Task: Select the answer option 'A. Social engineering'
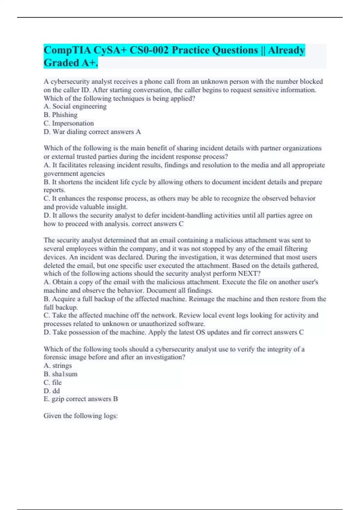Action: point(75,106)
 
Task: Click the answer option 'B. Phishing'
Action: point(60,115)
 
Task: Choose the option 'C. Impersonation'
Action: point(69,123)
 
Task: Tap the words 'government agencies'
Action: point(74,174)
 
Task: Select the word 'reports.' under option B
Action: point(54,190)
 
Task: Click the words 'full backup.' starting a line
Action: point(61,307)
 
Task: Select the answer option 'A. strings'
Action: point(58,366)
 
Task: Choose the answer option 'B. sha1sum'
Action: point(60,374)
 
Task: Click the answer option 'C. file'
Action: point(52,382)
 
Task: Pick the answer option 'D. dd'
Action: point(52,391)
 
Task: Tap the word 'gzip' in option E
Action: point(58,399)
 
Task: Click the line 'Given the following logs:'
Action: point(80,416)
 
